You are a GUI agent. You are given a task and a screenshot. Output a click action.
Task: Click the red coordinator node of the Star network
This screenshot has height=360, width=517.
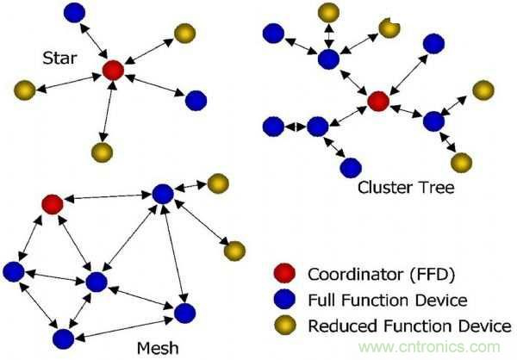112,71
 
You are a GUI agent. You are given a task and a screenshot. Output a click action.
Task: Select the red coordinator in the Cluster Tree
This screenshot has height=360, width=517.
377,102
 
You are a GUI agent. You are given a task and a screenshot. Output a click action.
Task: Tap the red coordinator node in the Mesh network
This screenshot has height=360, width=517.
52,204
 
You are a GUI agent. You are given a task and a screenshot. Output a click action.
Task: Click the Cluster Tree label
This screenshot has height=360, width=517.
394,185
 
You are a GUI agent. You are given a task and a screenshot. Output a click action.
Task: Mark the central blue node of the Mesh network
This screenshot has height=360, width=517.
96,282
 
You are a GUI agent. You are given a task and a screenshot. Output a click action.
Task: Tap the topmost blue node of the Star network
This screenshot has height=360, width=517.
76,12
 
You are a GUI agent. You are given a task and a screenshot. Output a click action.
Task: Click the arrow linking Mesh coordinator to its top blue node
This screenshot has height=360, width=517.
107,199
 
